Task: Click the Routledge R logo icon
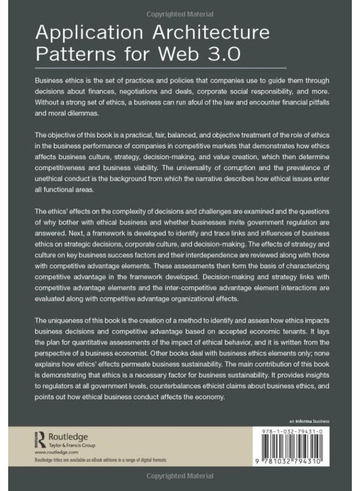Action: click(39, 439)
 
